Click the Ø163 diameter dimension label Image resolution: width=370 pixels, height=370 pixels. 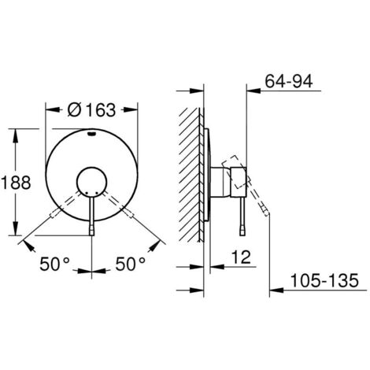point(91,110)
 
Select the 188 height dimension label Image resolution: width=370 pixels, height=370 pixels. point(16,183)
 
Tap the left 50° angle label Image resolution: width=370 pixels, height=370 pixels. point(55,264)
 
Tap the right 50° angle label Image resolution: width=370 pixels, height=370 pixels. point(131,264)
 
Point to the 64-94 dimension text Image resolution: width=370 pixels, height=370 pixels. point(289,81)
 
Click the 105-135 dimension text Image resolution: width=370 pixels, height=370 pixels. point(324,280)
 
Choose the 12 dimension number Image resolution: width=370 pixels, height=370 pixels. point(242,257)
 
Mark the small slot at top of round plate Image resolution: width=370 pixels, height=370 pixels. point(91,134)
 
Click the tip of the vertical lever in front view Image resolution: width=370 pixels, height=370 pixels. point(91,231)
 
